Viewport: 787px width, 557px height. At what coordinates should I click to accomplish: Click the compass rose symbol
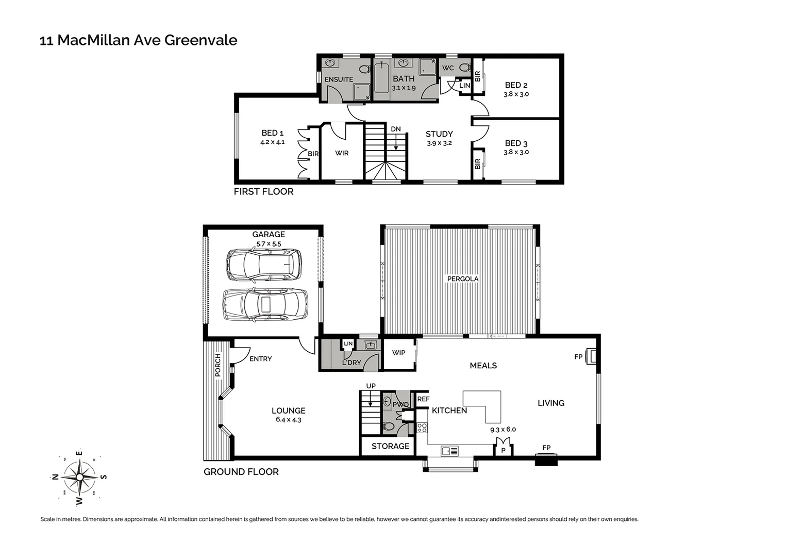79,477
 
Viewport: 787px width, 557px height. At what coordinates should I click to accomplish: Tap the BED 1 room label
272,133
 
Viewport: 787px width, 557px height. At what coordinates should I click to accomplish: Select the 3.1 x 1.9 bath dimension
404,88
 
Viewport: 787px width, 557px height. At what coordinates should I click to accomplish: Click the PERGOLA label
463,279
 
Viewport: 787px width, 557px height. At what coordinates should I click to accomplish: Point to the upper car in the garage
264,265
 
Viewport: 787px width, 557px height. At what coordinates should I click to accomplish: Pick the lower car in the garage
265,304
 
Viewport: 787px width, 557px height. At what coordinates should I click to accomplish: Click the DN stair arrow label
395,129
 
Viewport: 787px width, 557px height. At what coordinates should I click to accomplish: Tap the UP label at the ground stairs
371,386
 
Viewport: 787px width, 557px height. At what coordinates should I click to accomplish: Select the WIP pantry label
398,353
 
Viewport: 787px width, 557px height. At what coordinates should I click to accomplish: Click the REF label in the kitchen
423,399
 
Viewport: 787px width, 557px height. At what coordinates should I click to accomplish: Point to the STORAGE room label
390,446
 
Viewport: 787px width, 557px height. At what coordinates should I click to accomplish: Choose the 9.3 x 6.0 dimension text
503,429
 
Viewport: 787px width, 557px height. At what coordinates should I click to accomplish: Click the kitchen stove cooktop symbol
422,428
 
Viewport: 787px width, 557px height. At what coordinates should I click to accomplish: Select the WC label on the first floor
448,68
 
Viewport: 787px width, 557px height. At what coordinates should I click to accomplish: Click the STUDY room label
439,134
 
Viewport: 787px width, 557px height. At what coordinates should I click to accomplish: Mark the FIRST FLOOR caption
263,192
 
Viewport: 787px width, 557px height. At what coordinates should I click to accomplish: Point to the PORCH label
218,365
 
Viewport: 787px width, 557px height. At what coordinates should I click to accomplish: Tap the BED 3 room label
516,143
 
